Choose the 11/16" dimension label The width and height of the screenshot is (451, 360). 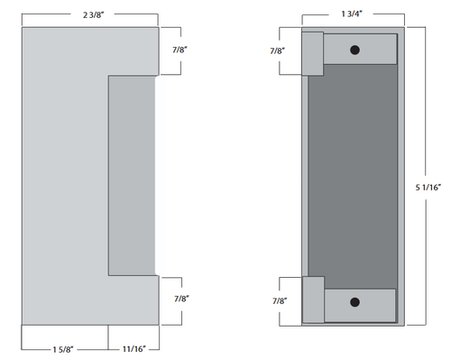128,346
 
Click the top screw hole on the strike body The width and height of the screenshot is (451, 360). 354,50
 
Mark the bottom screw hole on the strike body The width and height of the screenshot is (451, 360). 354,301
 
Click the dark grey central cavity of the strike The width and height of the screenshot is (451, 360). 352,176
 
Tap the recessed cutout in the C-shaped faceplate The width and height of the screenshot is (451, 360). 132,176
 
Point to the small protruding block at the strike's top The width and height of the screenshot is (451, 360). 312,53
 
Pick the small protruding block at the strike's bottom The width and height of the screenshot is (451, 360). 312,299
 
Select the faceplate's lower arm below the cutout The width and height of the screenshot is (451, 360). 131,298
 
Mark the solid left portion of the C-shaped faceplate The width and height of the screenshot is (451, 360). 63,176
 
